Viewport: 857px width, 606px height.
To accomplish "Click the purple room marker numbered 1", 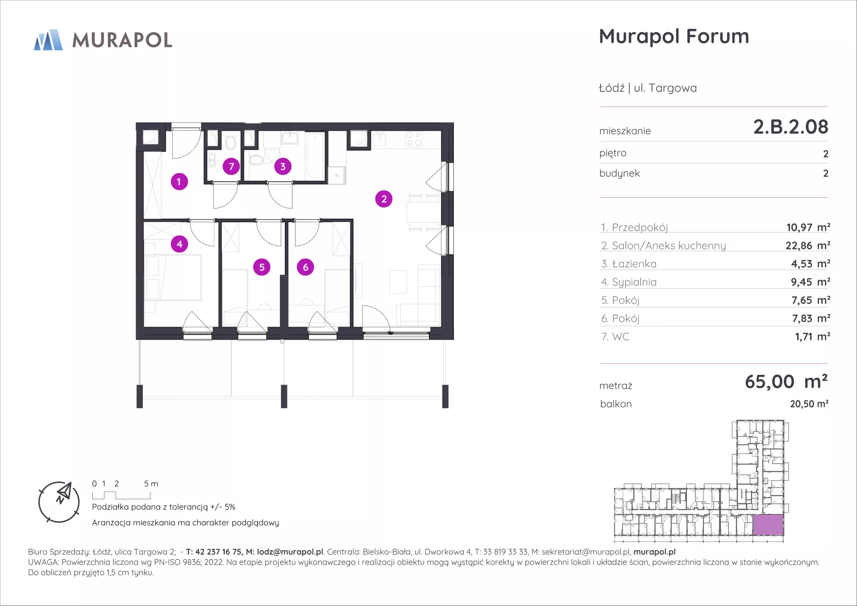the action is [179, 182].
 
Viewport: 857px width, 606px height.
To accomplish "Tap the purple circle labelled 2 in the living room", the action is [384, 199].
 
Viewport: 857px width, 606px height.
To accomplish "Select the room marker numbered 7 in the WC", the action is [231, 166].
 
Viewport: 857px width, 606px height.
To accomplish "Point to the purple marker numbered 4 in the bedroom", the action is [179, 244].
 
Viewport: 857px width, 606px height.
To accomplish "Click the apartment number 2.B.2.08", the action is [790, 127].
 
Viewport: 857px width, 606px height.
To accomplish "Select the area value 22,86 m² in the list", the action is [808, 245].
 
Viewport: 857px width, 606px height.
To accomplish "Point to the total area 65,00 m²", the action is [786, 382].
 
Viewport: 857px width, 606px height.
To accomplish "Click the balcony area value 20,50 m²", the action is [809, 404].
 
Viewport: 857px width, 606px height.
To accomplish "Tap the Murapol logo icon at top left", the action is [48, 40].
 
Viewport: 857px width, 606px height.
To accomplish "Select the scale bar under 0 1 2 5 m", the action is [121, 495].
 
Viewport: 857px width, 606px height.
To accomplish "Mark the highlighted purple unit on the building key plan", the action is [768, 525].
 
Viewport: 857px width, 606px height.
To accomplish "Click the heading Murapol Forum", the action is [674, 37].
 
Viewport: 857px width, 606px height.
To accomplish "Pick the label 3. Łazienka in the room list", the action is [628, 264].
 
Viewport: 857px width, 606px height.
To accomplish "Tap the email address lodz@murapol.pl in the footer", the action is [290, 552].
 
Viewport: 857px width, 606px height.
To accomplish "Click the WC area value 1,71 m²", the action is [812, 336].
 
